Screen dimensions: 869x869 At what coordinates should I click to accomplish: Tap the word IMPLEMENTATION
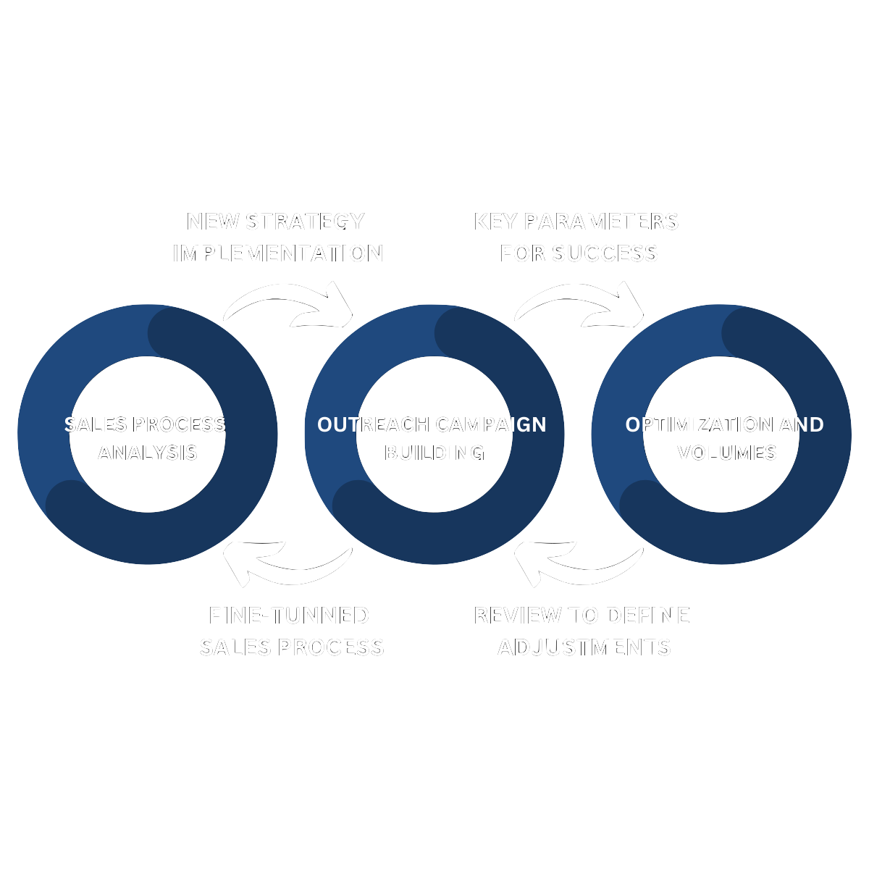pos(278,253)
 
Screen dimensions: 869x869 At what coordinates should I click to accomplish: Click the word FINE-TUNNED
pos(289,616)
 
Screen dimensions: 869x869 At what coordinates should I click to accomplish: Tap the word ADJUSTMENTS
pos(584,647)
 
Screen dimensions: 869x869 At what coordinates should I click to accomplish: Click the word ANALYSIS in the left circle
pos(148,453)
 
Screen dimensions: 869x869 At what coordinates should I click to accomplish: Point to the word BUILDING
pos(434,453)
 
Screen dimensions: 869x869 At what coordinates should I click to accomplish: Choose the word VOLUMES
pos(727,453)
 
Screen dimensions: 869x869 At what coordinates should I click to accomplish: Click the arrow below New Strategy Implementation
pos(290,304)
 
